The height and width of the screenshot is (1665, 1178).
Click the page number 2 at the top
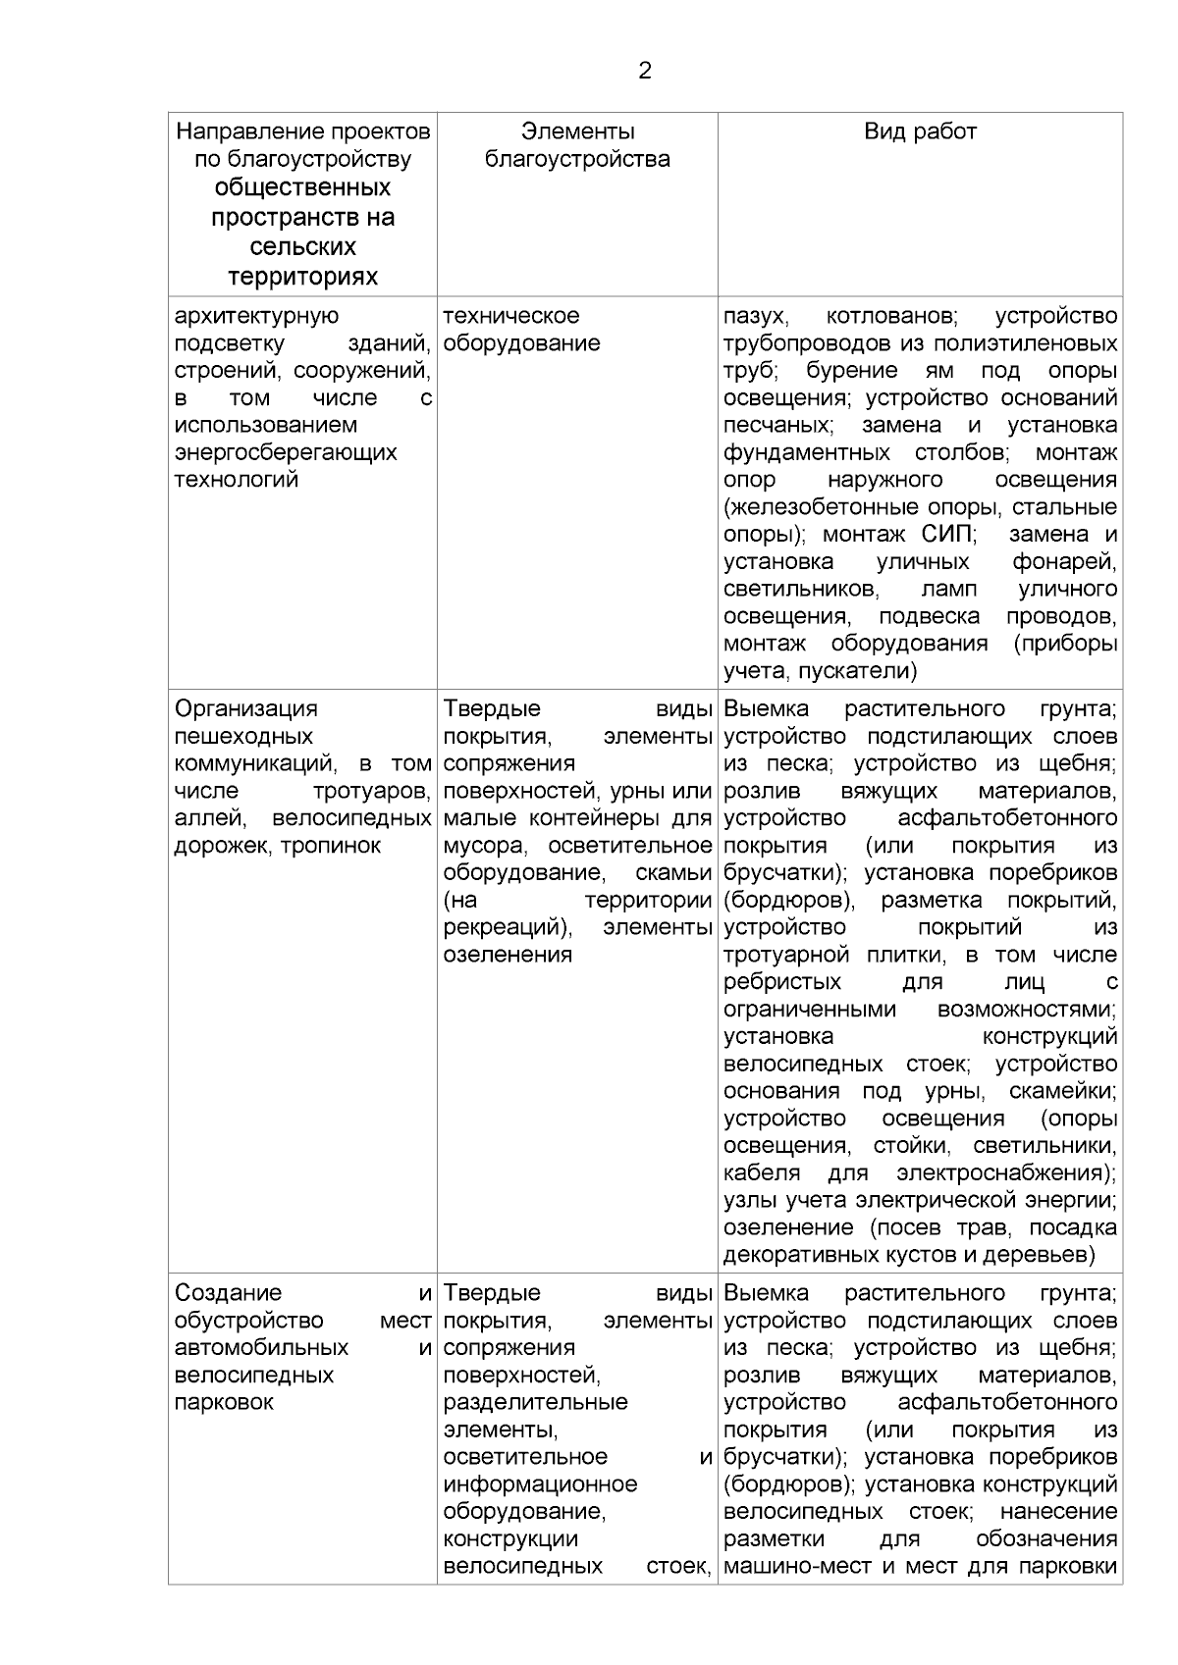644,71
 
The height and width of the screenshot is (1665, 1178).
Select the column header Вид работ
920,131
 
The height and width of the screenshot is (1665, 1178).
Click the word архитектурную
256,316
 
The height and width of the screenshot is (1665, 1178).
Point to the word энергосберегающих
286,452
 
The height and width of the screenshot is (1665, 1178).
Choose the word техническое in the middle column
511,316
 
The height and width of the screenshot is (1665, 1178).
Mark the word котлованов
893,316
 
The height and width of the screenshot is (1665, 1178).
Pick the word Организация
245,708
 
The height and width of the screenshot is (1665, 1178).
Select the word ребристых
782,982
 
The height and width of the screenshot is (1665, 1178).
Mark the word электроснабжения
1005,1173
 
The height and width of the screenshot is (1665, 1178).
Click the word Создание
228,1293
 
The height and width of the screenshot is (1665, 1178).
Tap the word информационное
540,1484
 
